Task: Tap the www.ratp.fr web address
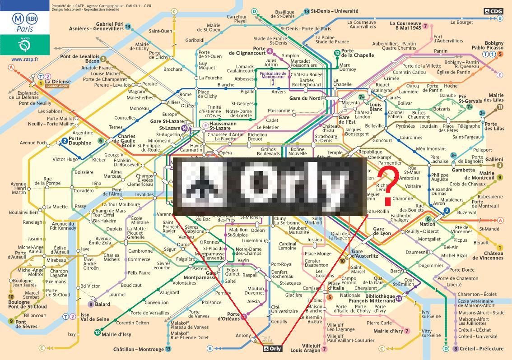25,59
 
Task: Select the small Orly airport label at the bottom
273,348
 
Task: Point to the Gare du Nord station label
305,98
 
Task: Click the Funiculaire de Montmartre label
274,75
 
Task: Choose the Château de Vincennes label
488,255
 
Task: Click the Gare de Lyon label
382,231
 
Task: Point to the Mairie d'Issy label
116,334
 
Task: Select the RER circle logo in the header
32,18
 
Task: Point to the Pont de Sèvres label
26,324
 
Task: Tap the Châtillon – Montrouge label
139,349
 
